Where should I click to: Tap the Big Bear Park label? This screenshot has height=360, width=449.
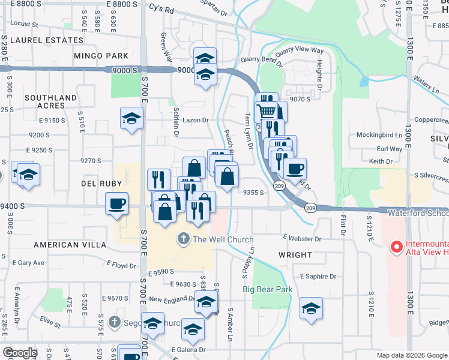[x=267, y=289]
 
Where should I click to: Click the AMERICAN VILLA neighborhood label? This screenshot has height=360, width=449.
[x=65, y=245]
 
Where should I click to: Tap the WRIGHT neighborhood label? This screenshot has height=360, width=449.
[x=295, y=255]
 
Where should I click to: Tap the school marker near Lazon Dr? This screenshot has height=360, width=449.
[x=131, y=118]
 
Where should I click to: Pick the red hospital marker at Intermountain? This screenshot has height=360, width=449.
[x=396, y=247]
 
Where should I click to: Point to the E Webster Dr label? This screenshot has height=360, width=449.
[x=302, y=239]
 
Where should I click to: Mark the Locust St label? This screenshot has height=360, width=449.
[x=25, y=25]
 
